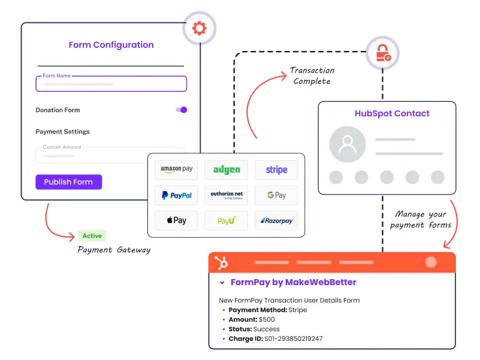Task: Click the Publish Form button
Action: click(x=68, y=182)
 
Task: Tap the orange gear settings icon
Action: click(x=200, y=28)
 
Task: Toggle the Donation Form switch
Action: click(x=181, y=110)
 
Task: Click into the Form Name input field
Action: click(x=111, y=84)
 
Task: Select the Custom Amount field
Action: click(x=110, y=155)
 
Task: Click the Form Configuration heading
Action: click(x=111, y=45)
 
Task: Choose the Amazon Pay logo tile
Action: click(x=176, y=170)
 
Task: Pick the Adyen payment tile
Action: click(x=227, y=170)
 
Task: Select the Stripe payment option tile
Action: click(x=276, y=170)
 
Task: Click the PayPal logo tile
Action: click(x=176, y=195)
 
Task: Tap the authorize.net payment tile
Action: click(x=227, y=195)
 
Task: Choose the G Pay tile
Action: click(x=276, y=195)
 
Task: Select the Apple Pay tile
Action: click(x=176, y=220)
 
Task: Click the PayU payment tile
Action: click(x=227, y=220)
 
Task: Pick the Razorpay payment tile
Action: click(x=276, y=220)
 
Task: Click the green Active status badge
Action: click(x=92, y=236)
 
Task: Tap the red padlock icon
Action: click(x=382, y=53)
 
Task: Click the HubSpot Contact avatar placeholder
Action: click(x=346, y=144)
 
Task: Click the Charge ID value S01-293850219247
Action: click(x=293, y=338)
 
